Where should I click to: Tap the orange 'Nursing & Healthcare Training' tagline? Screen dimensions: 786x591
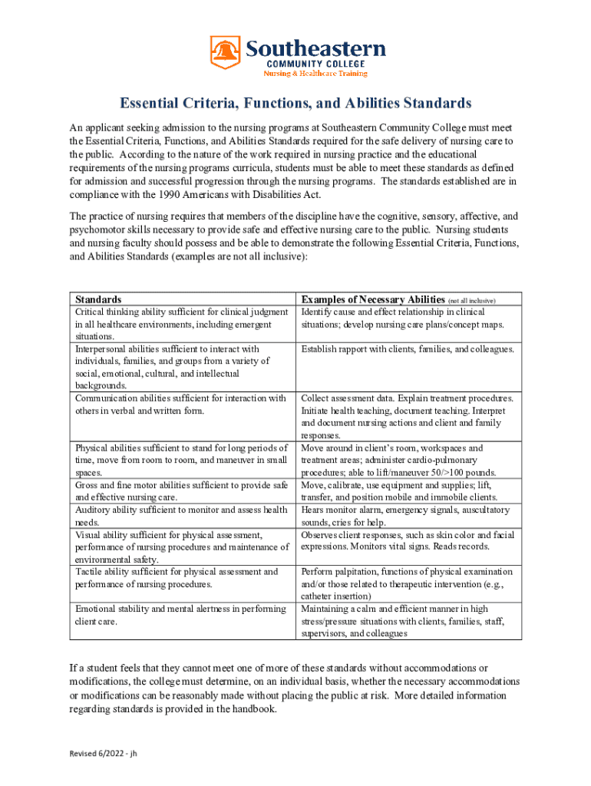click(315, 74)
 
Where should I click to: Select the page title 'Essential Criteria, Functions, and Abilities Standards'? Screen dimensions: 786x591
click(295, 103)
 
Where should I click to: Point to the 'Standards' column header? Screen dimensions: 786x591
click(98, 299)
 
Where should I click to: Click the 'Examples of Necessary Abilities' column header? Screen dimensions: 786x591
click(373, 299)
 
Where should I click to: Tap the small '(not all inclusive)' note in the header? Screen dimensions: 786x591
click(471, 300)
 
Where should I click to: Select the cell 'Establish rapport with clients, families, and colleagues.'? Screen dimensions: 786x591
click(408, 349)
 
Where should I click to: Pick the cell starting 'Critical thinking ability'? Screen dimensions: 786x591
click(181, 324)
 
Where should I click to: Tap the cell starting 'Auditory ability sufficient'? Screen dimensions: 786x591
click(181, 516)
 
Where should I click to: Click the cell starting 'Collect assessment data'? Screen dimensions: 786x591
click(408, 416)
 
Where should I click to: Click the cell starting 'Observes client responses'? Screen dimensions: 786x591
click(408, 540)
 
